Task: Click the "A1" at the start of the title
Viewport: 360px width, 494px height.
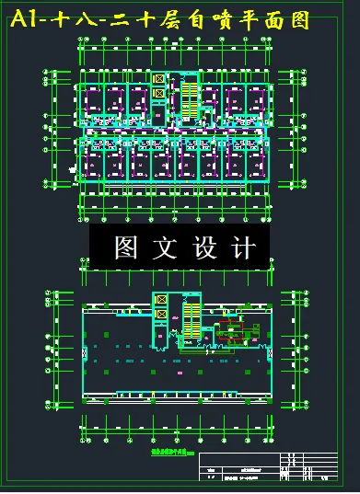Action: point(27,21)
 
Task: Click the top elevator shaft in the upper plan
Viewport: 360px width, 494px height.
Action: point(159,79)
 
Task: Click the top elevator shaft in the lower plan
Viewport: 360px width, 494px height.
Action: point(161,301)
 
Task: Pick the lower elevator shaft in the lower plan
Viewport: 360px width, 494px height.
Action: point(161,315)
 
